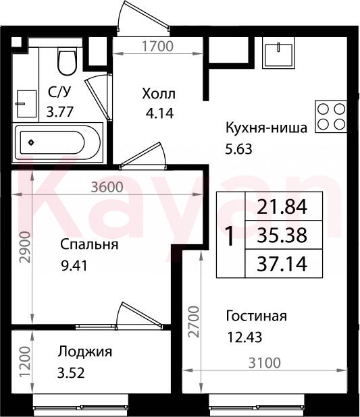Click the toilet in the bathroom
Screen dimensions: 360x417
click(68, 61)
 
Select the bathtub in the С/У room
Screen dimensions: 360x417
click(58, 142)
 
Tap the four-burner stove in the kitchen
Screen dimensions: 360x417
click(331, 117)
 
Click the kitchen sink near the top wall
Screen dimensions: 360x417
click(278, 53)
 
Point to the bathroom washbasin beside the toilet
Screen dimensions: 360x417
click(26, 103)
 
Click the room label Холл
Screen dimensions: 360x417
click(159, 94)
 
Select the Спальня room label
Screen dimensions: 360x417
click(89, 244)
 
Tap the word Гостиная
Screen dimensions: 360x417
click(257, 316)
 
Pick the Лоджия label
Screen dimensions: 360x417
click(85, 352)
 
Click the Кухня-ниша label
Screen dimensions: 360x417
click(267, 128)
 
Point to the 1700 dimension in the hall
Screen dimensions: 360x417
click(157, 47)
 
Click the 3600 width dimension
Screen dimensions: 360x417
click(107, 187)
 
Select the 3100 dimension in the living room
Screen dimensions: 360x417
click(265, 363)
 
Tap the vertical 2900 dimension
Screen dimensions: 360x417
click(25, 248)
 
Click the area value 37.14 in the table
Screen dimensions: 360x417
click(282, 264)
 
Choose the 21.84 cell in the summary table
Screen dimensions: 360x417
click(282, 206)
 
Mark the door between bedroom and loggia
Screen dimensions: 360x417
click(139, 315)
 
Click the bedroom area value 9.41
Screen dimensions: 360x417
click(74, 265)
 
